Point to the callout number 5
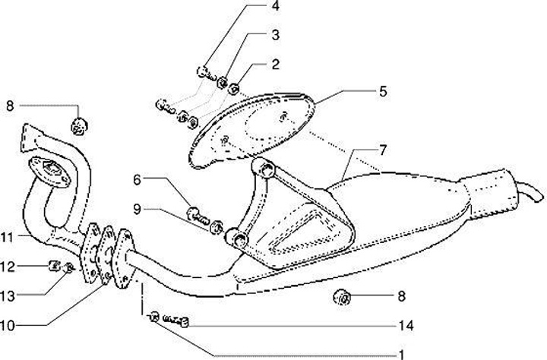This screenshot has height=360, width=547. tap(383, 91)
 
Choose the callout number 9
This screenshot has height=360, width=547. tap(138, 207)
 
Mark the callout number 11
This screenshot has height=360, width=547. tap(7, 238)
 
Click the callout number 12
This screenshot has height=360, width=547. tap(7, 266)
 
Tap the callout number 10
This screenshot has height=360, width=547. tap(7, 326)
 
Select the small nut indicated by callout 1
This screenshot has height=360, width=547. tap(154, 317)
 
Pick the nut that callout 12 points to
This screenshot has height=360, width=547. tap(54, 266)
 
